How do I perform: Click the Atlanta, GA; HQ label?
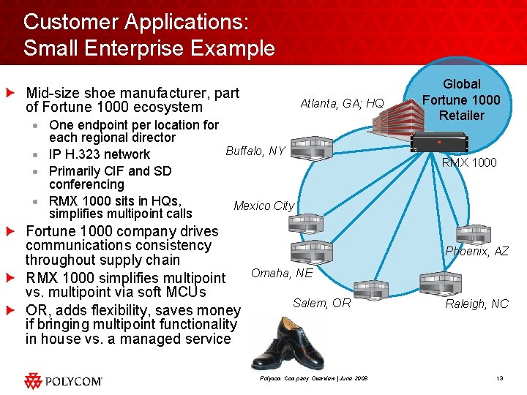342,104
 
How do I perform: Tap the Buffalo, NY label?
255,151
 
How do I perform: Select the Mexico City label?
263,206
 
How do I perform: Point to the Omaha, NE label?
282,274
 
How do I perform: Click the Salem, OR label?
321,303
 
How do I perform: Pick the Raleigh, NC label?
476,304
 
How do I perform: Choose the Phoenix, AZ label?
477,251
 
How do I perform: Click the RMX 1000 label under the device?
469,162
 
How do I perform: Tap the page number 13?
499,378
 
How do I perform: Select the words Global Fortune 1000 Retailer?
461,99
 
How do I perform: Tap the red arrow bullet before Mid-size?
10,93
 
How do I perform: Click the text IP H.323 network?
99,154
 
